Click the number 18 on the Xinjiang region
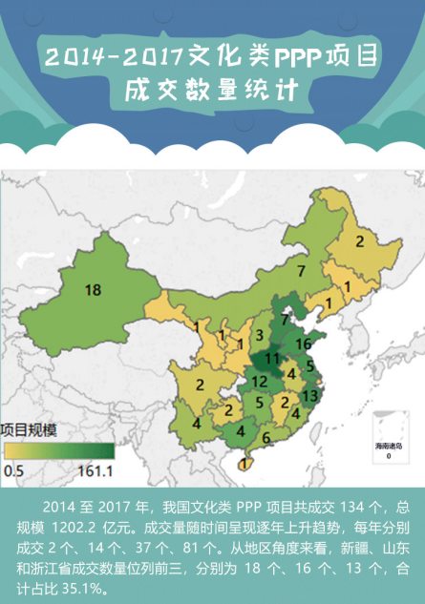pyautogui.click(x=93, y=290)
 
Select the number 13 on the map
pyautogui.click(x=308, y=395)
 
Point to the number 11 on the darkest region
pyautogui.click(x=273, y=359)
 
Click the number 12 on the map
pyautogui.click(x=258, y=381)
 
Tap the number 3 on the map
pyautogui.click(x=259, y=335)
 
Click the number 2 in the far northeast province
pyautogui.click(x=359, y=241)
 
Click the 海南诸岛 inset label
pyautogui.click(x=388, y=447)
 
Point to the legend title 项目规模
pyautogui.click(x=32, y=429)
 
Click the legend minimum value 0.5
pyautogui.click(x=13, y=470)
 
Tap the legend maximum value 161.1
pyautogui.click(x=96, y=470)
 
